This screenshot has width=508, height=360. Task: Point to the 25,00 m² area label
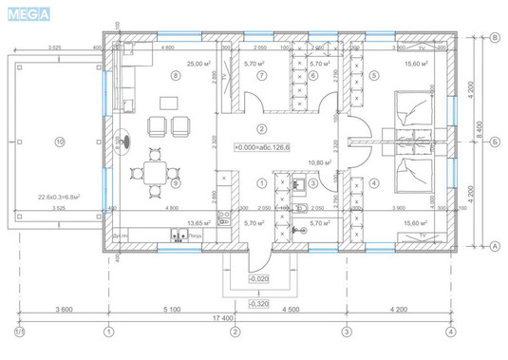(198, 64)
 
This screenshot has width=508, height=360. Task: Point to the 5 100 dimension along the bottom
(172, 309)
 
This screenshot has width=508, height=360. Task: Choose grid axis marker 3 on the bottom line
(347, 332)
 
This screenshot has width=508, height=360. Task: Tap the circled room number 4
(373, 182)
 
